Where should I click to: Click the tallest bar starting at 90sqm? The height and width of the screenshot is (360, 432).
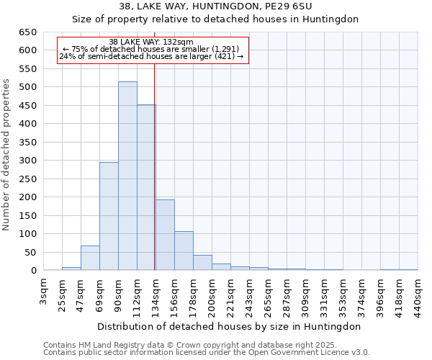pos(127,176)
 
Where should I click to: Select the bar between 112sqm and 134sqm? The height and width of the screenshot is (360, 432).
pos(146,188)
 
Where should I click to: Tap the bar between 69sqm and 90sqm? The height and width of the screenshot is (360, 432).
pos(109,216)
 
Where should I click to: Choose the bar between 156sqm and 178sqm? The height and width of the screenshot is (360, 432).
pos(184,251)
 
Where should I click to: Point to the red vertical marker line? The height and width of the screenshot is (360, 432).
pos(155,166)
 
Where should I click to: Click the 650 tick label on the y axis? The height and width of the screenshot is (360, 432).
pos(28,32)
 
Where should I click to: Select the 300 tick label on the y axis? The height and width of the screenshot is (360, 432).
pos(28,161)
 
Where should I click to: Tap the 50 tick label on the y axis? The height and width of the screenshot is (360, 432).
pos(31,253)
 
